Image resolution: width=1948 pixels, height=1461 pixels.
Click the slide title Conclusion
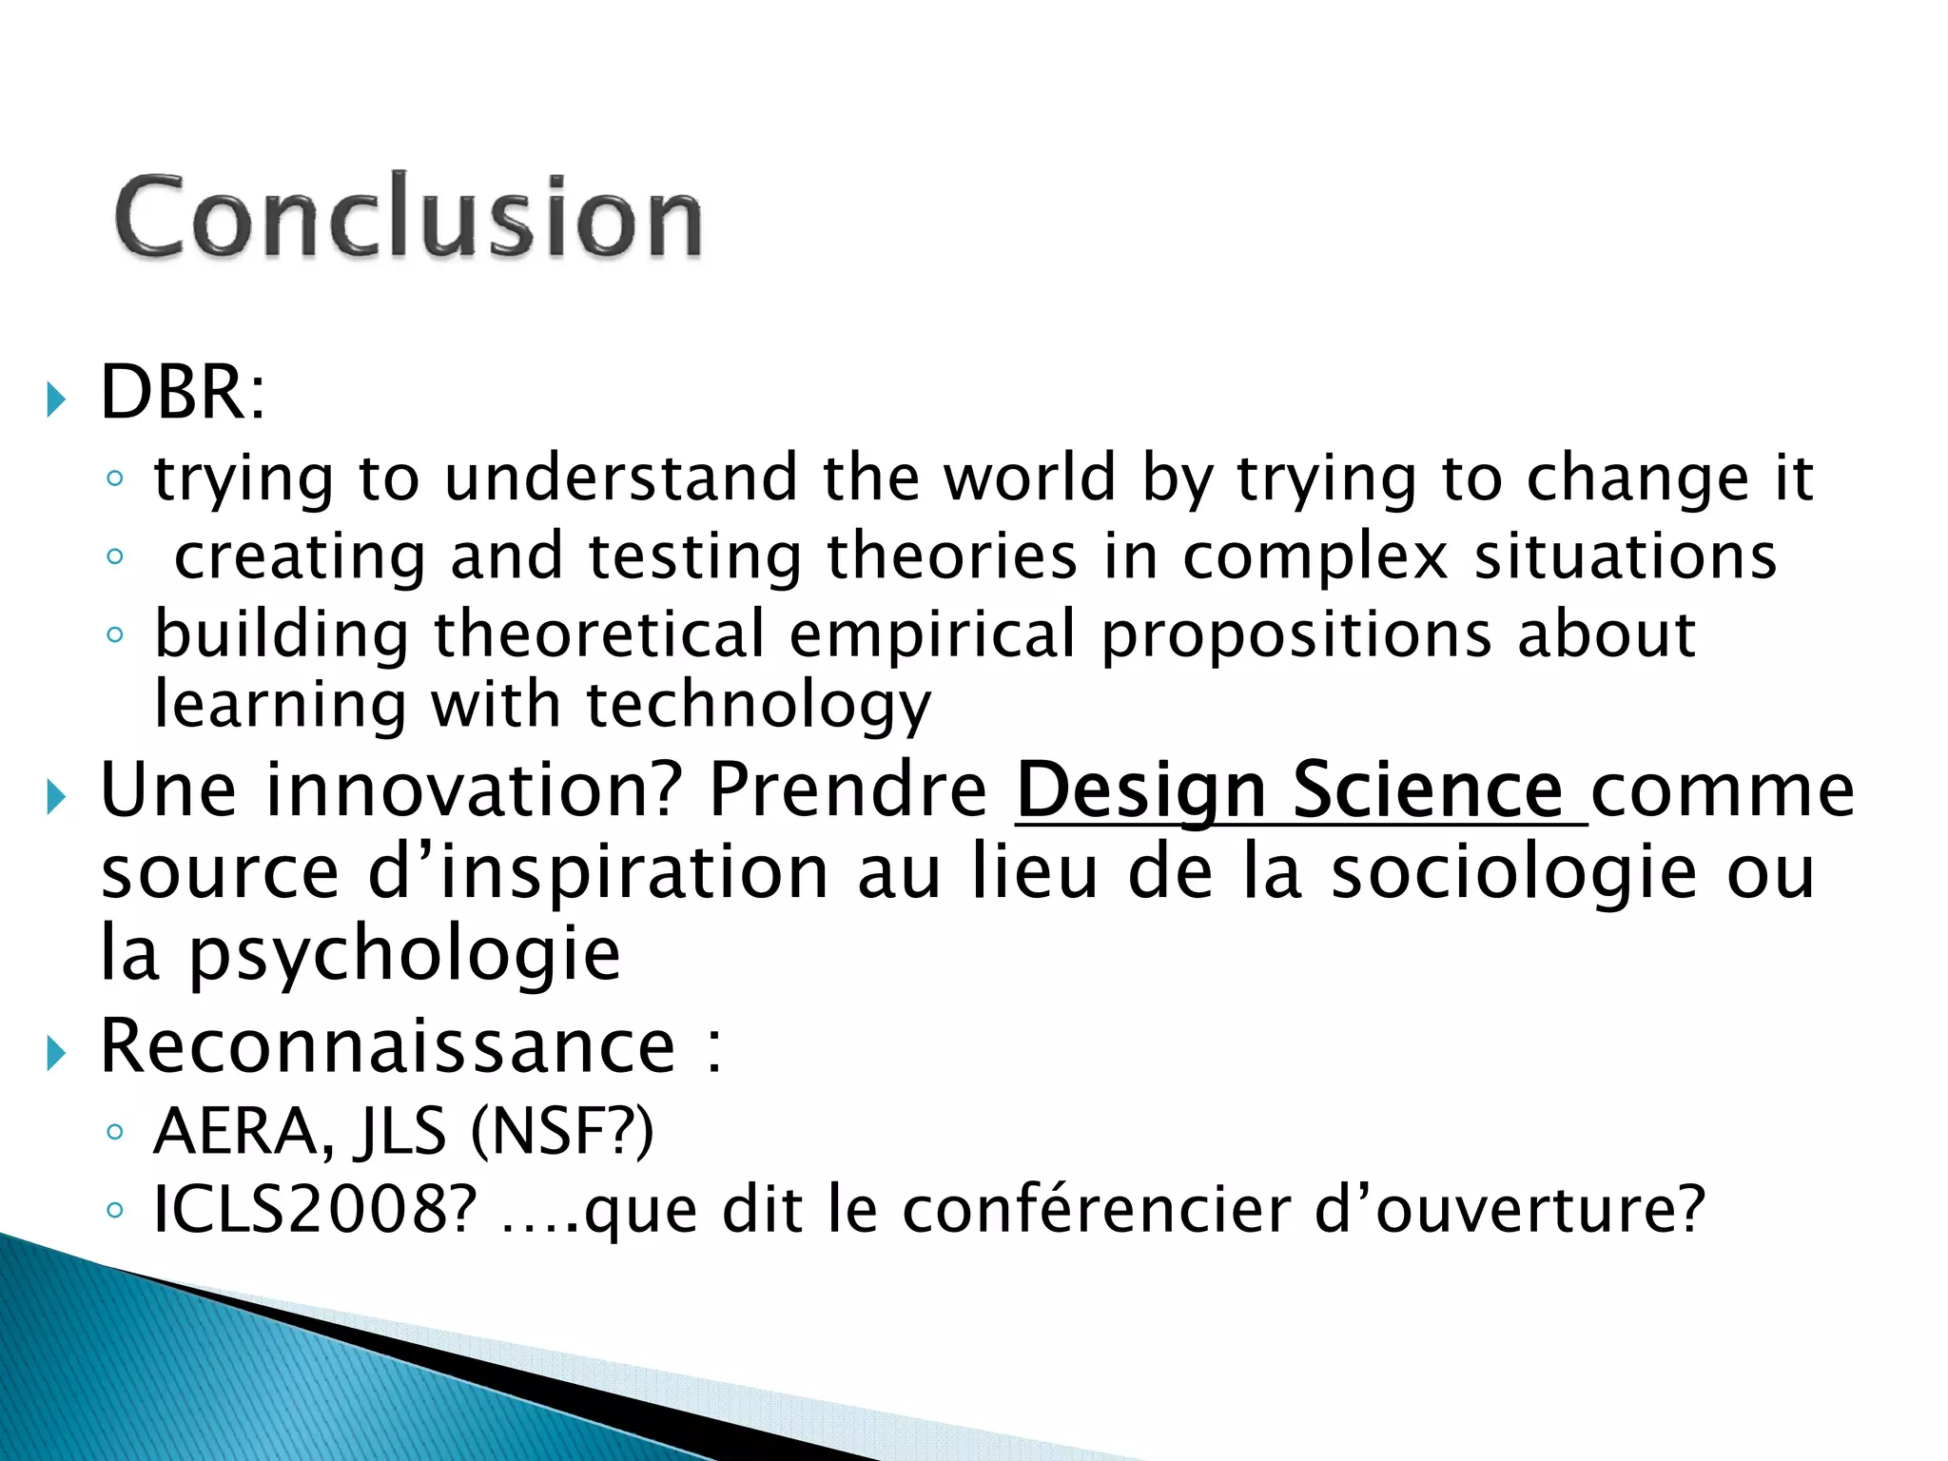pos(408,217)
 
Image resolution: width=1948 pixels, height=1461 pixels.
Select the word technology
pos(758,707)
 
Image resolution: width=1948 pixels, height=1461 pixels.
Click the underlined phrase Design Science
pos(1299,790)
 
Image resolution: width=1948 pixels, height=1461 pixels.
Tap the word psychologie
pos(404,956)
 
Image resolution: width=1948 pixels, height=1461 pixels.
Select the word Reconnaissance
pos(387,1046)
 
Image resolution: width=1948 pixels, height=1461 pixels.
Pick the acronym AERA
pos(238,1132)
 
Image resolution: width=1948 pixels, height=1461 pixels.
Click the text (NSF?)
pos(562,1132)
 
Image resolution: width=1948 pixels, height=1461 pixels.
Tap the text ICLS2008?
pos(314,1210)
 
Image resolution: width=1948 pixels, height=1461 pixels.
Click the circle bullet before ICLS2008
pos(115,1211)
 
